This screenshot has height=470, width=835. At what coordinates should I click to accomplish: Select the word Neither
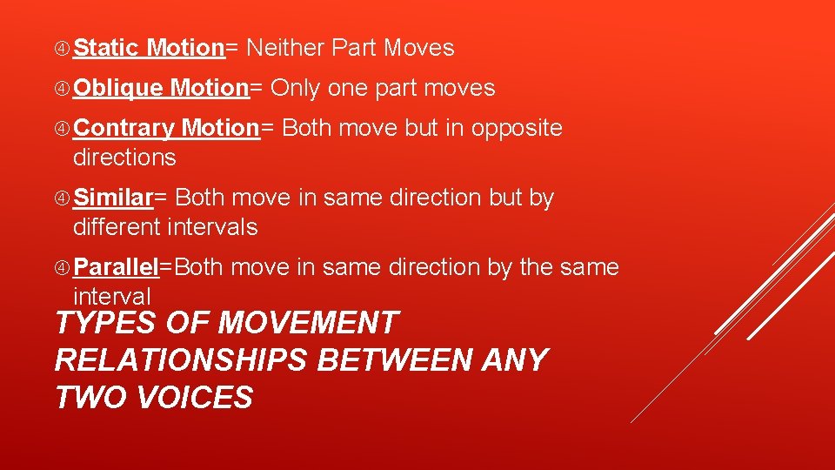pyautogui.click(x=285, y=48)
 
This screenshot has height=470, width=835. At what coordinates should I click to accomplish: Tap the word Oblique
pyautogui.click(x=117, y=89)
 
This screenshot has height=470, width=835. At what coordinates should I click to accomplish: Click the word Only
pyautogui.click(x=297, y=88)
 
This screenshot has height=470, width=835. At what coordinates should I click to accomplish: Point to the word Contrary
pyautogui.click(x=124, y=129)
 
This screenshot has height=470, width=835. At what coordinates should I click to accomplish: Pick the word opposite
pyautogui.click(x=517, y=129)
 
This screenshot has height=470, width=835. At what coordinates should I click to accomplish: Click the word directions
pyautogui.click(x=124, y=158)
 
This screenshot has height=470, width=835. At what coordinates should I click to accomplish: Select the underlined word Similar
pyautogui.click(x=113, y=198)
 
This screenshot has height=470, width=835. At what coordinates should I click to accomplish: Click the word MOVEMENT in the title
pyautogui.click(x=307, y=323)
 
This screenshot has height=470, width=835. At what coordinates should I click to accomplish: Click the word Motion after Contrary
pyautogui.click(x=220, y=129)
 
